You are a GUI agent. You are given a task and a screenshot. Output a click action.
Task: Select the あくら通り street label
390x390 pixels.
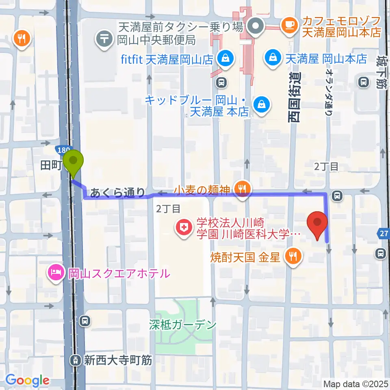(117, 192)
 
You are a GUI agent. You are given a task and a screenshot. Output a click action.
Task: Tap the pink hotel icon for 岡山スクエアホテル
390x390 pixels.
(56, 272)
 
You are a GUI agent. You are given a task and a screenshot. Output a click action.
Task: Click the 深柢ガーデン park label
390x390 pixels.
(183, 325)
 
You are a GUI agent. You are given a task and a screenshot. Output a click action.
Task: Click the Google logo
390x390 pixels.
(27, 381)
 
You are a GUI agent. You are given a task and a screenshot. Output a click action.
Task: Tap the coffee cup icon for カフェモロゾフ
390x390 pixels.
(290, 25)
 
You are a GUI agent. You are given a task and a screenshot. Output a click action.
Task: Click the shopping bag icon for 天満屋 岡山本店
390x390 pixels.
(271, 58)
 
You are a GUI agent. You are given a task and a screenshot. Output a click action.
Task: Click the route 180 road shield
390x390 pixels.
(64, 150)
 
